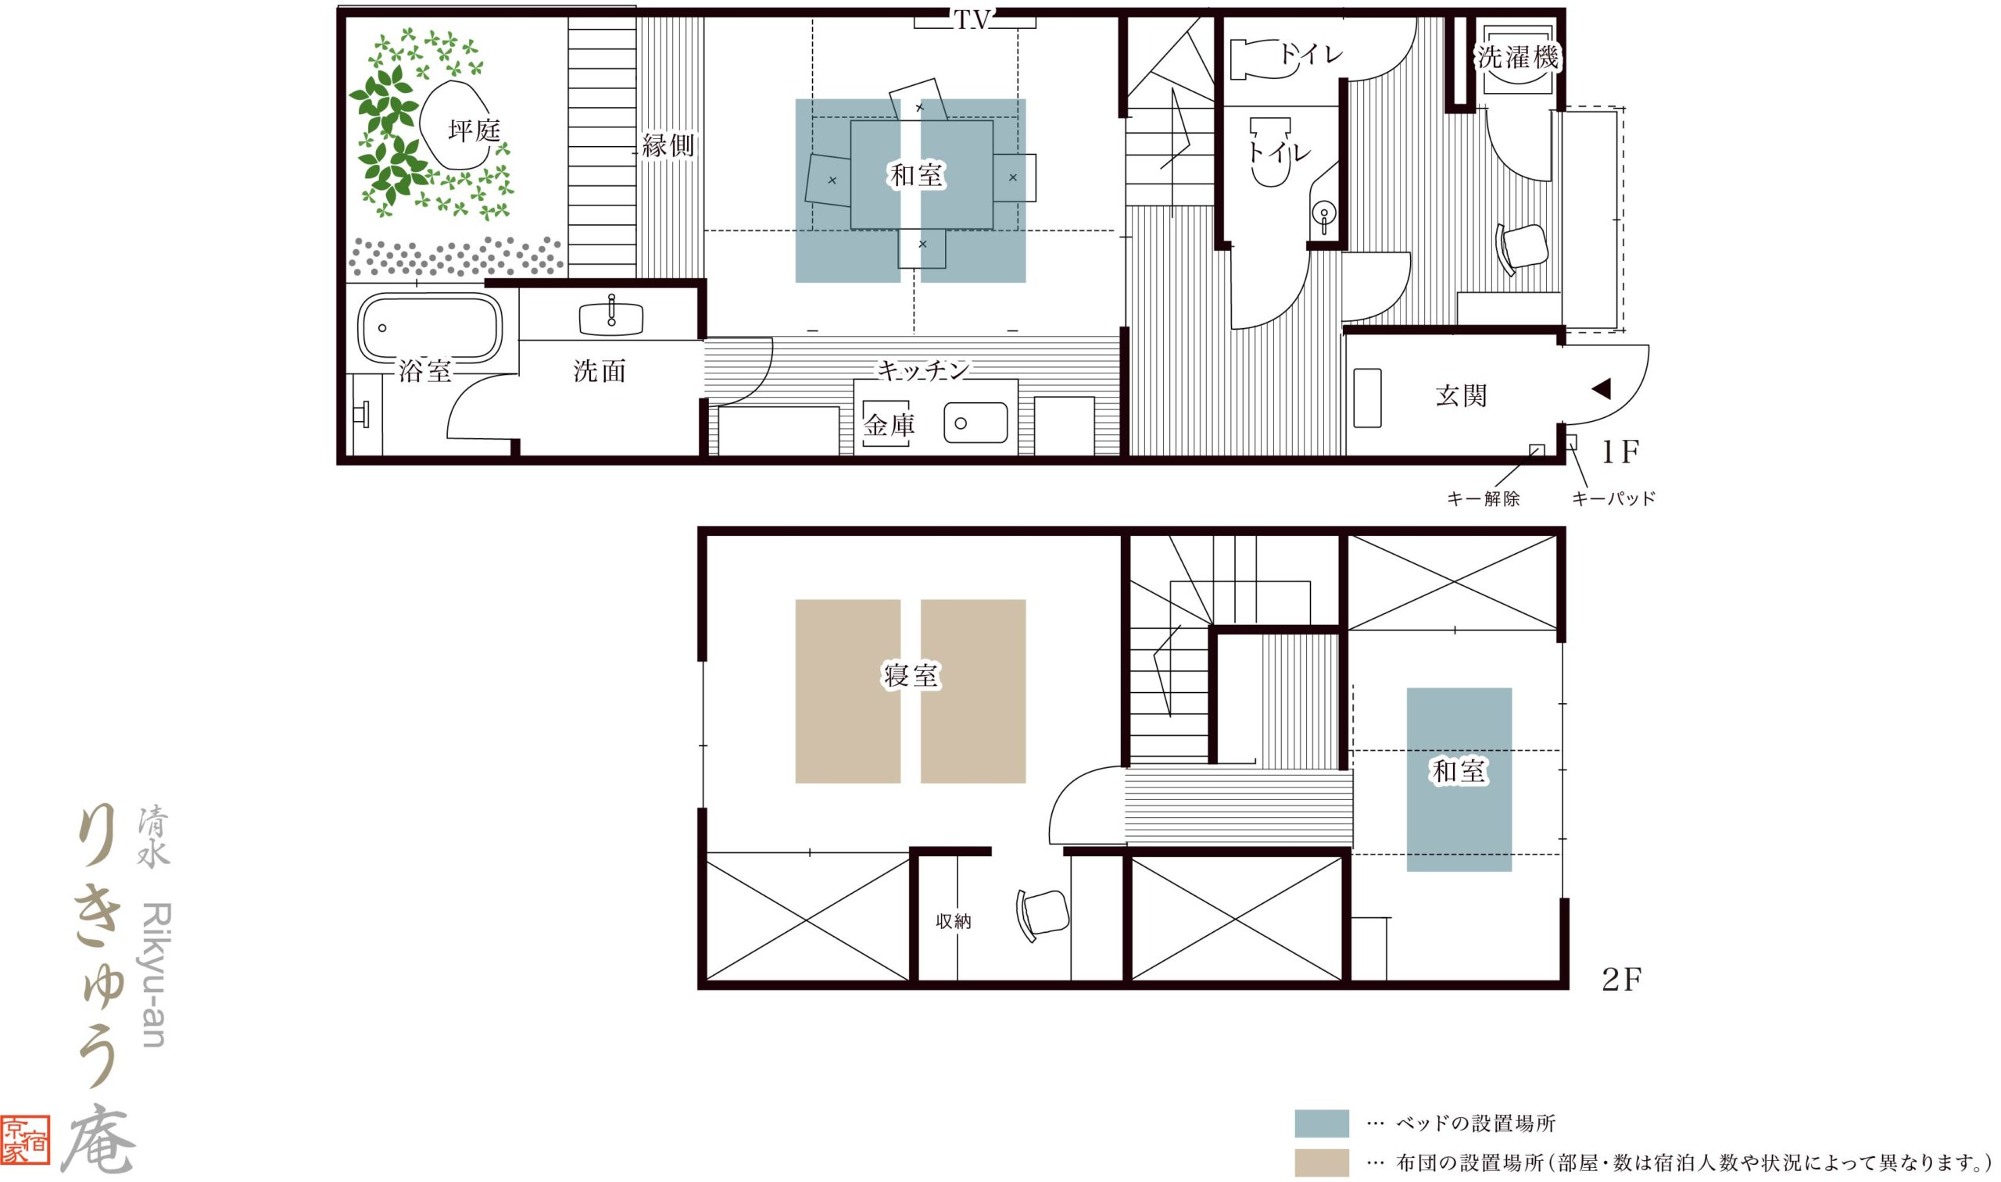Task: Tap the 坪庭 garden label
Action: tap(474, 130)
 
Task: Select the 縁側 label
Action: tap(668, 145)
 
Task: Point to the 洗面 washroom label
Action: tap(600, 370)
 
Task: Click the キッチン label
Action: tap(923, 370)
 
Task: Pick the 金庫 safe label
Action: tap(890, 425)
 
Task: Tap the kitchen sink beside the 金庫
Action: tap(975, 423)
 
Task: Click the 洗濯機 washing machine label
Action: tap(1518, 57)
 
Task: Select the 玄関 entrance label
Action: tap(1461, 395)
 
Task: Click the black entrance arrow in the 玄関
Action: tap(1601, 389)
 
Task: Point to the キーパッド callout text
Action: tap(1614, 498)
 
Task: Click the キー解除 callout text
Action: tap(1483, 498)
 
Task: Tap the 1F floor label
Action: tap(1621, 452)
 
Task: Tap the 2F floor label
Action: tap(1622, 980)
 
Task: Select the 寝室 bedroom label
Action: tap(911, 676)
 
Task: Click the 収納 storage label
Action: tap(953, 922)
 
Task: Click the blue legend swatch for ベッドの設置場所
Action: tap(1322, 1123)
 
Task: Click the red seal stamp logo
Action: tap(25, 1140)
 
